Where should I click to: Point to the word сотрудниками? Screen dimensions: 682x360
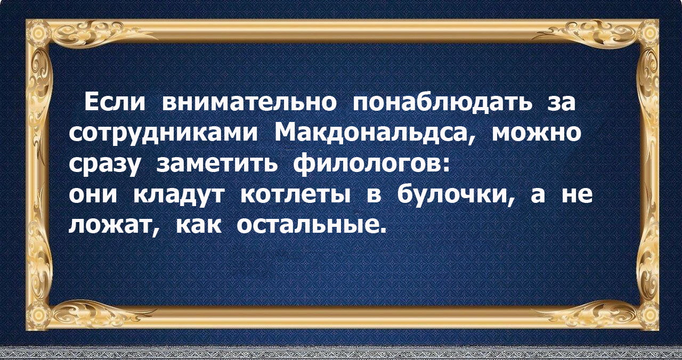pyautogui.click(x=163, y=134)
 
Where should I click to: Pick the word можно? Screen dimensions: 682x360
pyautogui.click(x=536, y=134)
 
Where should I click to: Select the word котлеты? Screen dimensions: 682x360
pyautogui.click(x=295, y=195)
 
